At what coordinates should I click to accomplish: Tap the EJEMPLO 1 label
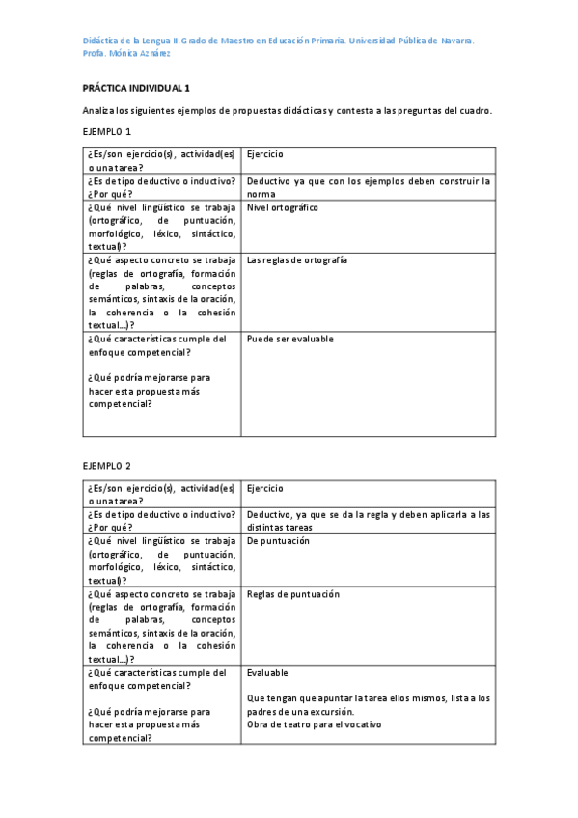[106, 131]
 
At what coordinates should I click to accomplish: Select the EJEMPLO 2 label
[106, 466]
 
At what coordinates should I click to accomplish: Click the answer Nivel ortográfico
[283, 207]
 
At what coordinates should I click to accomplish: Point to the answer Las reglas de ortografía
[297, 260]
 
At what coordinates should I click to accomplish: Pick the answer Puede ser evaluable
[290, 340]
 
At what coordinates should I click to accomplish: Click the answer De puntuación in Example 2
[278, 541]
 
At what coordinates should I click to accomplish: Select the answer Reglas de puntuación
[293, 594]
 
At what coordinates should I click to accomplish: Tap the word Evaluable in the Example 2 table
[267, 672]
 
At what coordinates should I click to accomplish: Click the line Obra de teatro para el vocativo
[315, 724]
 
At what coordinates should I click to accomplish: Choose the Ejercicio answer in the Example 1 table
[265, 154]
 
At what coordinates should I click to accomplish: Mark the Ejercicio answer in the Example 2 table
[265, 489]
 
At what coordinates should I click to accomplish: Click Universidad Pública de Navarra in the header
[410, 41]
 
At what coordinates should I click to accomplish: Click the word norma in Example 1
[261, 194]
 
